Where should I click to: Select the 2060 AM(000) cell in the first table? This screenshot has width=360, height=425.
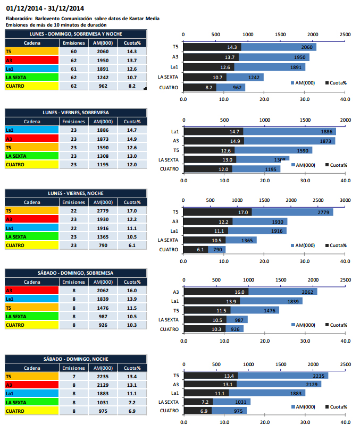click(x=103, y=52)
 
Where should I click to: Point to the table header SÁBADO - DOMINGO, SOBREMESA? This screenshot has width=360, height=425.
click(x=75, y=273)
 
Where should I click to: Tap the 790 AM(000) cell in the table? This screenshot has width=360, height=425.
click(x=103, y=245)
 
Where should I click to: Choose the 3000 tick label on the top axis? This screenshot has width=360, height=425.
click(x=345, y=201)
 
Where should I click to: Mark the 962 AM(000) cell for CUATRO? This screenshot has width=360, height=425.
click(x=103, y=86)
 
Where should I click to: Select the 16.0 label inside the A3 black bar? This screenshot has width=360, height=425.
click(x=240, y=292)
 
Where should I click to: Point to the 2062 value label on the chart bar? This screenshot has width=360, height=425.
click(x=308, y=292)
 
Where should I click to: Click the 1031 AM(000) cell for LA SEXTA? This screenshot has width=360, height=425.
click(x=103, y=402)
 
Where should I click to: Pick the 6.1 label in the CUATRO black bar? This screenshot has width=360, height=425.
click(x=200, y=249)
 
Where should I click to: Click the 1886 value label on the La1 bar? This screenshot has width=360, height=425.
click(x=326, y=131)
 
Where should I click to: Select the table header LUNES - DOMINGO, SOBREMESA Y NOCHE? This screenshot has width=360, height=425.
click(x=75, y=33)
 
